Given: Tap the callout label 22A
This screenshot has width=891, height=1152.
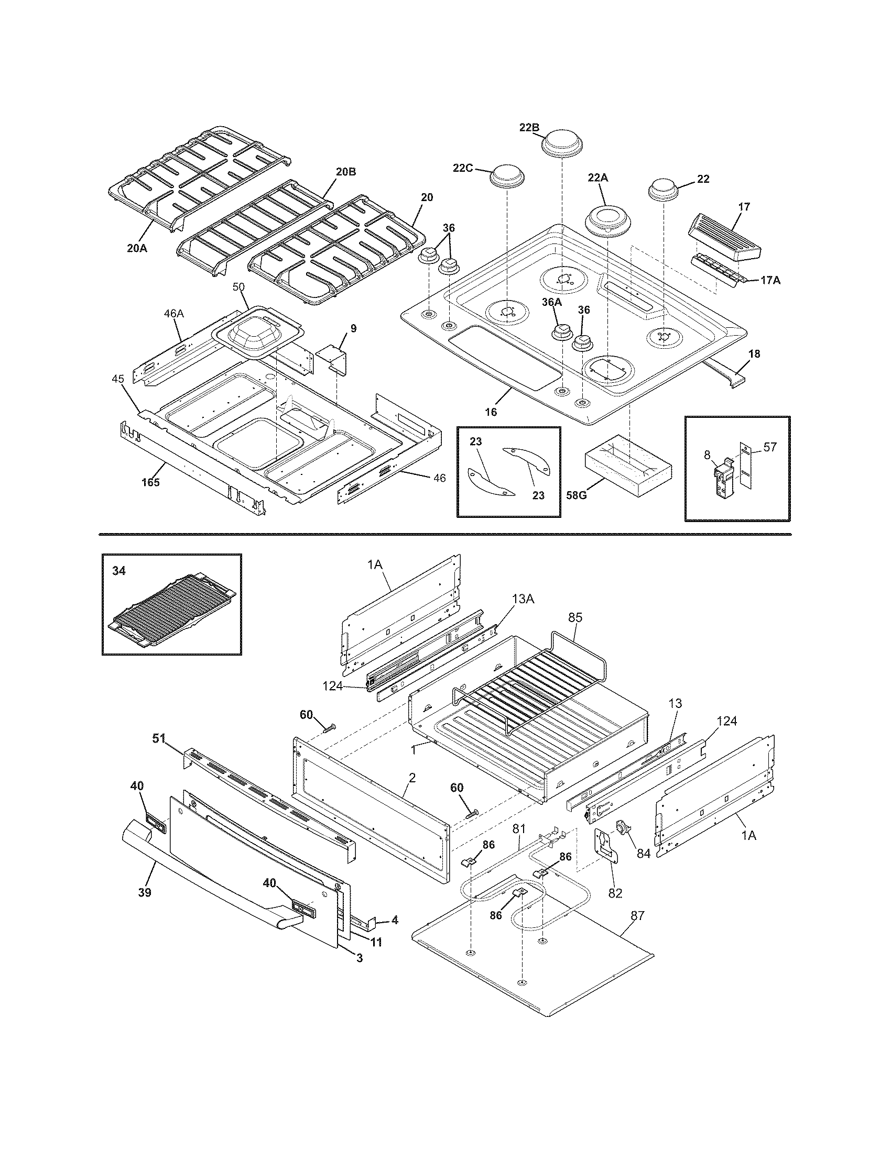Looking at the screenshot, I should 597,178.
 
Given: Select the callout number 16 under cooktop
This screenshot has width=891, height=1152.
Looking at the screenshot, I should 491,412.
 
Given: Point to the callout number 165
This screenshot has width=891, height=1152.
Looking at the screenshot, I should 150,482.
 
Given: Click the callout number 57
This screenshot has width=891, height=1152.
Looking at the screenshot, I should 770,447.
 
